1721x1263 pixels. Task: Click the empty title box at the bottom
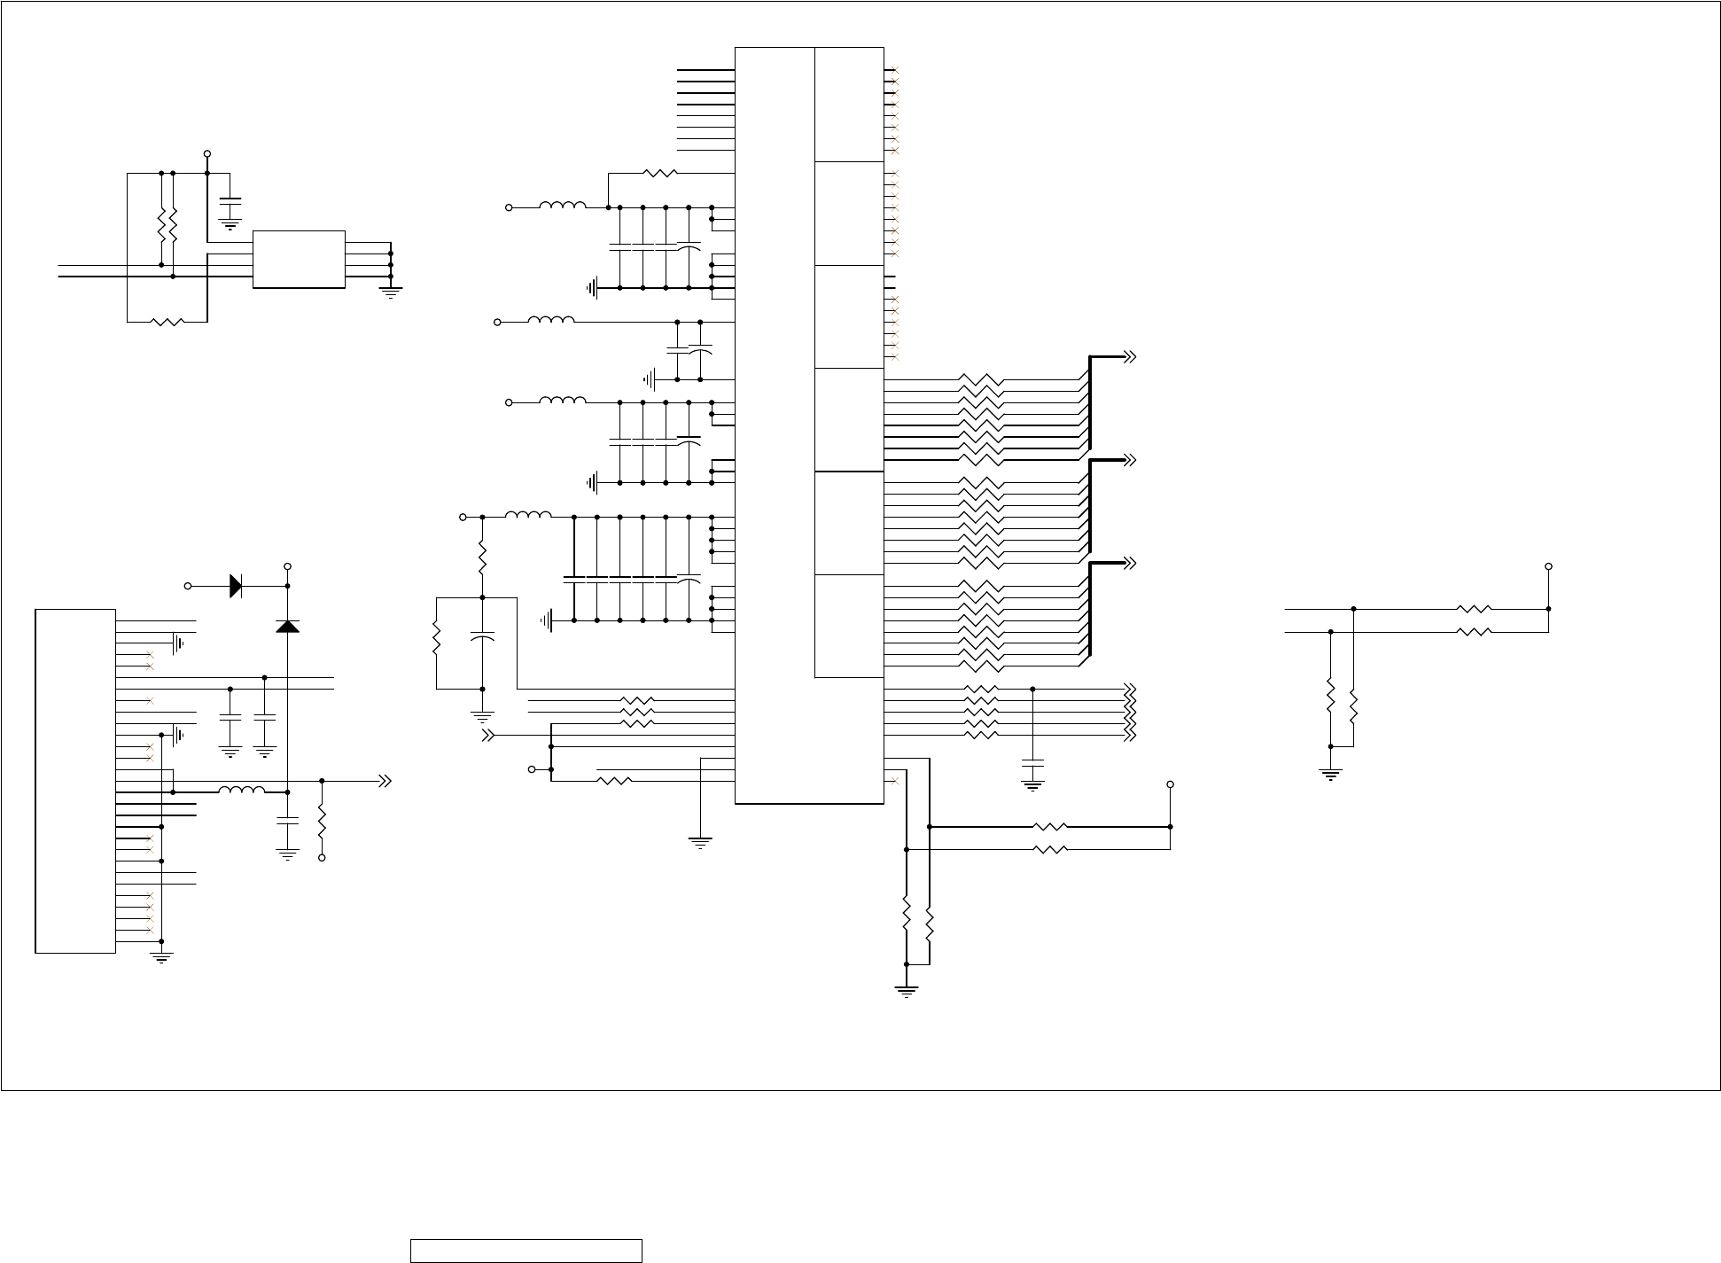[x=526, y=1251]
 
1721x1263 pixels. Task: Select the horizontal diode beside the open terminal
[x=236, y=586]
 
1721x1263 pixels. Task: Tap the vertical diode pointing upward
[x=287, y=626]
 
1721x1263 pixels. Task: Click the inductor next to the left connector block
[x=241, y=791]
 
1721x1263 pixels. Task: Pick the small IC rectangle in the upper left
[x=299, y=259]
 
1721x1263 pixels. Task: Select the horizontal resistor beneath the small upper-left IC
[x=167, y=322]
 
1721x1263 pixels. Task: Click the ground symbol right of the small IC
[x=390, y=292]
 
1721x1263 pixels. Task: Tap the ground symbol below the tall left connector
[x=161, y=957]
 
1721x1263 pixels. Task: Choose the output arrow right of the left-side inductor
[x=385, y=781]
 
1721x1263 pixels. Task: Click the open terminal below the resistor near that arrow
[x=322, y=858]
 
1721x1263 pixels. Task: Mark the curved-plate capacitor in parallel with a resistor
[x=482, y=638]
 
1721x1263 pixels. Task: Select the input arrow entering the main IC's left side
[x=487, y=736]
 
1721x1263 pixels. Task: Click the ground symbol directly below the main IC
[x=700, y=842]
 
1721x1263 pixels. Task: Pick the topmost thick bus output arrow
[x=1129, y=357]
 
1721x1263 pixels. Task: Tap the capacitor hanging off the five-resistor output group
[x=1032, y=763]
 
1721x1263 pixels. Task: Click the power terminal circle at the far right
[x=1548, y=566]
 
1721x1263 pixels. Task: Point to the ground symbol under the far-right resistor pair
[x=1330, y=775]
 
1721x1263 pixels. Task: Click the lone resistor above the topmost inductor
[x=660, y=174]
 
